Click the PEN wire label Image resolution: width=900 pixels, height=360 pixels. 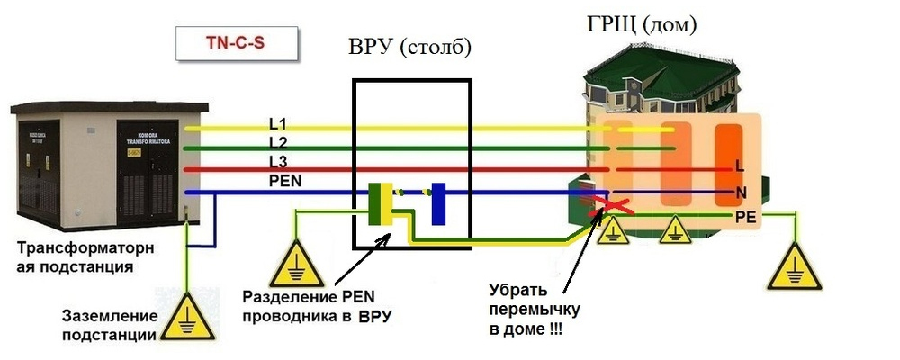(284, 181)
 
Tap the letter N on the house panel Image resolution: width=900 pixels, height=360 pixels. (740, 192)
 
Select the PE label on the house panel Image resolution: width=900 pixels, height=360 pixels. (745, 216)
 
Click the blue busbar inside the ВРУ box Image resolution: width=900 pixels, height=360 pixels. (439, 203)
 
